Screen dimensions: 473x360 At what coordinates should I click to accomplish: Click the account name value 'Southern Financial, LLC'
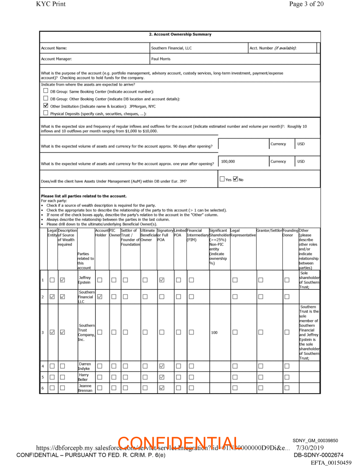tap(171, 48)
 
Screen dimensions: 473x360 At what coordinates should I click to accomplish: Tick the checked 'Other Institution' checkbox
tap(45, 106)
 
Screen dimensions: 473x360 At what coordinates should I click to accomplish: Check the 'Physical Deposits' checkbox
tap(45, 113)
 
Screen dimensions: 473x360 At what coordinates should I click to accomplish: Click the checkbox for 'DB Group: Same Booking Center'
tap(45, 91)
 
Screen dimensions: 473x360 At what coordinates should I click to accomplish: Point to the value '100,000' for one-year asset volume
tap(228, 161)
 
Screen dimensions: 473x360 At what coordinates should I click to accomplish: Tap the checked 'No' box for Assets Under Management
tap(236, 179)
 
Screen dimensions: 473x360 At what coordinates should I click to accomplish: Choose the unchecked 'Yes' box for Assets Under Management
tap(222, 179)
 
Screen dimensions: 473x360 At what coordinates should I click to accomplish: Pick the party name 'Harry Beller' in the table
tap(83, 377)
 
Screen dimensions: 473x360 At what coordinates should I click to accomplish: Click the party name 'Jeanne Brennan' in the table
tap(85, 388)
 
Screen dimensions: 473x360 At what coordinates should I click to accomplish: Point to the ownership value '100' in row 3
tap(214, 332)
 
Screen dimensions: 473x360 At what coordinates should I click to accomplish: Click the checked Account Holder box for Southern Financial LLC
tap(99, 297)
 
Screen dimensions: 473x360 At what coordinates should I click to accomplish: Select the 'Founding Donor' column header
tap(290, 232)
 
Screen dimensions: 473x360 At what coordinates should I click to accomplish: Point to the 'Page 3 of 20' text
tap(306, 4)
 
